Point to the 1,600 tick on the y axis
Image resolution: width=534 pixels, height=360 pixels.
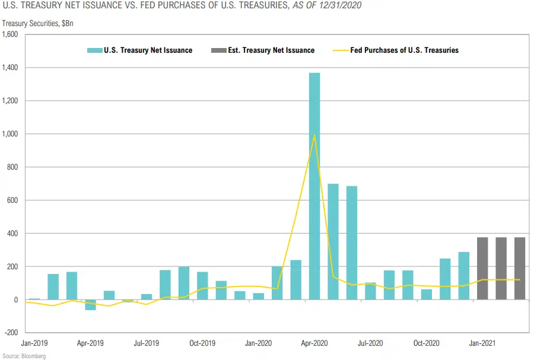point(11,34)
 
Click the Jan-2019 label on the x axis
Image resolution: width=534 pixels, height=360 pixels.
point(34,343)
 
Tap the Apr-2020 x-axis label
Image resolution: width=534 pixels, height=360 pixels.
point(314,343)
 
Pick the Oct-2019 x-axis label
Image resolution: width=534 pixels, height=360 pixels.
point(202,343)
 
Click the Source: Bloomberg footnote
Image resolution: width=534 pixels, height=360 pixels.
point(24,356)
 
